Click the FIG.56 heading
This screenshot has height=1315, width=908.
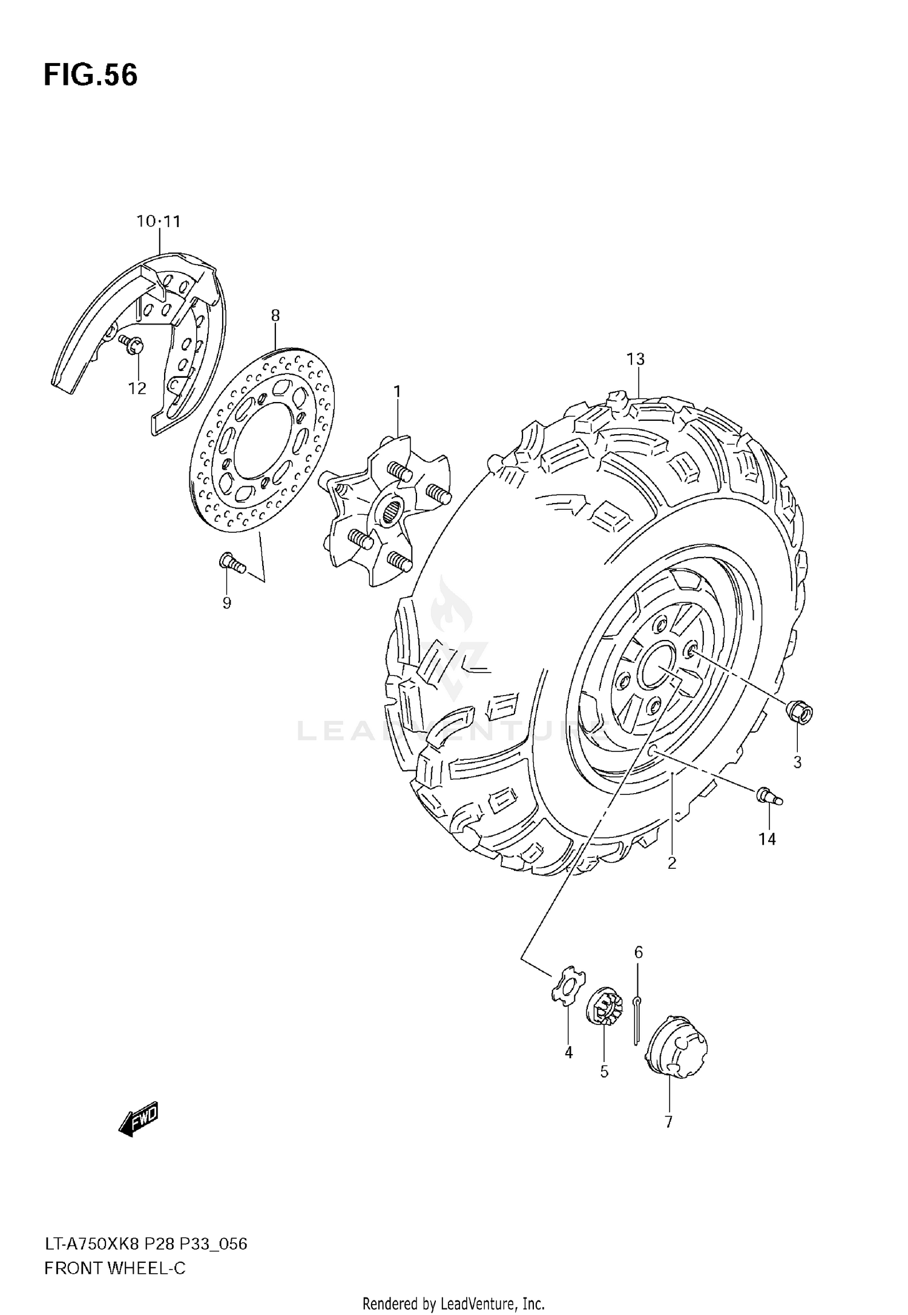(x=91, y=75)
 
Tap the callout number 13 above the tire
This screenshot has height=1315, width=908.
(x=636, y=359)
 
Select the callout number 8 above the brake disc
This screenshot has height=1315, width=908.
(x=275, y=315)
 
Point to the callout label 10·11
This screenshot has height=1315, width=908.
(x=159, y=222)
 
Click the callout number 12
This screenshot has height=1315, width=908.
(x=137, y=388)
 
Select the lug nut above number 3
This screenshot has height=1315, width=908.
(x=800, y=712)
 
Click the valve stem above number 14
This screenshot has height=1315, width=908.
(x=769, y=796)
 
